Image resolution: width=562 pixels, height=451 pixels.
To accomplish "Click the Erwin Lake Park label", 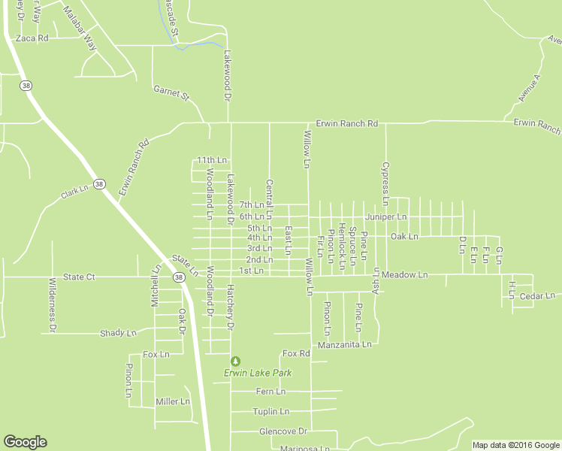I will (257, 373).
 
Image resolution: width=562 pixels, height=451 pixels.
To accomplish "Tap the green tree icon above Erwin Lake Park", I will (236, 362).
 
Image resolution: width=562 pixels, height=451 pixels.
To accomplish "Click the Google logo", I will (25, 443).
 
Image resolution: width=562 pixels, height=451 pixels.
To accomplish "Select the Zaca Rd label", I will (32, 38).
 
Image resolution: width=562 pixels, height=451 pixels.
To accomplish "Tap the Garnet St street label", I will (172, 93).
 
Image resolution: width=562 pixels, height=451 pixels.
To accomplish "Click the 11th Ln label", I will (212, 160).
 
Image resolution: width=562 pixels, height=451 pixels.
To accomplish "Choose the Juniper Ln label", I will (385, 216).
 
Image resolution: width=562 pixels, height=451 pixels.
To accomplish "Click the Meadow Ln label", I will (404, 275).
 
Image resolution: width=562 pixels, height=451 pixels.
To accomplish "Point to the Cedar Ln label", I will (537, 296).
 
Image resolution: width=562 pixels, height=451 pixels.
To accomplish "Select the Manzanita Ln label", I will (345, 345).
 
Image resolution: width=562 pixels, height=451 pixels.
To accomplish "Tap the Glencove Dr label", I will (283, 431).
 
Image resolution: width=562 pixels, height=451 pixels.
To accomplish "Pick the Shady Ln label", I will (119, 332).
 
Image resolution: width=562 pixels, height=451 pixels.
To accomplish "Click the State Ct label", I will (79, 277).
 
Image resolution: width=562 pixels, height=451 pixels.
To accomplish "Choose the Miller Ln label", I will (172, 401).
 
